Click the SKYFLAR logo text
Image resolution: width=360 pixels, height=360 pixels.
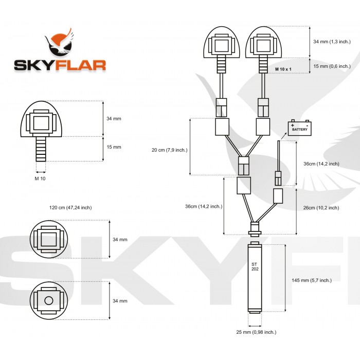click(60, 65)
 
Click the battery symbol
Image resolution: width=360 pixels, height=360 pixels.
click(300, 128)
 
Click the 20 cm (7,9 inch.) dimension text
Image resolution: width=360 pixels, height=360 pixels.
click(169, 150)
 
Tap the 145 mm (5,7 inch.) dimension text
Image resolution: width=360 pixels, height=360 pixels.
click(311, 280)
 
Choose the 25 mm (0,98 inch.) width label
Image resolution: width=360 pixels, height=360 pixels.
click(256, 332)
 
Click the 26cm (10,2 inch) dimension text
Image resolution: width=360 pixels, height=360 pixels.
click(321, 208)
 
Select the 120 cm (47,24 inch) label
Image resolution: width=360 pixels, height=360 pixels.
click(70, 207)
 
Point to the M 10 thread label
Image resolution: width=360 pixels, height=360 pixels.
click(40, 178)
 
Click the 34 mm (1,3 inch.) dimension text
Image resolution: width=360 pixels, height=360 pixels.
click(332, 42)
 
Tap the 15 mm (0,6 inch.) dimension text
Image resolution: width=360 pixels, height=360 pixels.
click(332, 66)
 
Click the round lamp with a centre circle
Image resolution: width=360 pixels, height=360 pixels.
click(49, 300)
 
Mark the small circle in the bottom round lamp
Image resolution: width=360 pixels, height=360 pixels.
click(49, 300)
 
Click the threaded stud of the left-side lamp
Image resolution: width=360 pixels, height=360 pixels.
click(40, 149)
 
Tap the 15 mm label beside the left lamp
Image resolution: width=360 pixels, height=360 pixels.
click(114, 147)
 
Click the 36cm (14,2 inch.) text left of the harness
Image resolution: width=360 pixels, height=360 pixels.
click(204, 206)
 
